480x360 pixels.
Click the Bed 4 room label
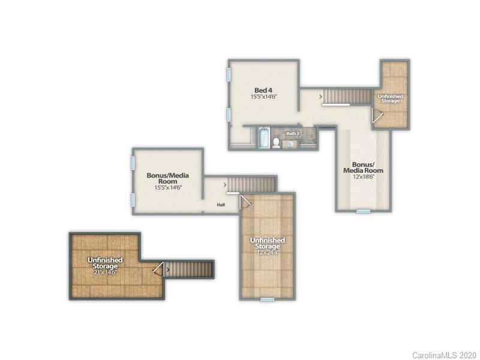[263, 90]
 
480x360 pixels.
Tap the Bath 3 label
[292, 133]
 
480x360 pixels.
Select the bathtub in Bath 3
[263, 138]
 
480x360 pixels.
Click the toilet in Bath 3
[276, 143]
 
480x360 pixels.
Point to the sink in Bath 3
[290, 144]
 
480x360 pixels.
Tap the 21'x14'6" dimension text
[105, 272]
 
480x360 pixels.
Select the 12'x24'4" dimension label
[267, 253]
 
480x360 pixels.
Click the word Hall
[221, 205]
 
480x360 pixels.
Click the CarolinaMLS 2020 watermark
[444, 355]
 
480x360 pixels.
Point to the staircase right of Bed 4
[347, 96]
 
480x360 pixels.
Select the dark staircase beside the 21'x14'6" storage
[190, 269]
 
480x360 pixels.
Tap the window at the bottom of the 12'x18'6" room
[363, 211]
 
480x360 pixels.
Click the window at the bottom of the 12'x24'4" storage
[267, 299]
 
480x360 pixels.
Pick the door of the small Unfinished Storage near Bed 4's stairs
[376, 116]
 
